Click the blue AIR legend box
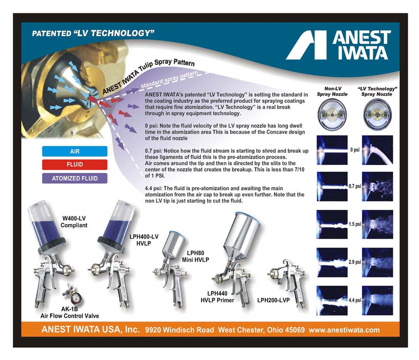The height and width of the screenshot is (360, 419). click(75, 151)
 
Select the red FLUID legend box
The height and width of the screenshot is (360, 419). click(75, 165)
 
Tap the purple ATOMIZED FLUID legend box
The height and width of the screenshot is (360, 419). click(75, 178)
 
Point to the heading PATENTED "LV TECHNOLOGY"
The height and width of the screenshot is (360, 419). click(93, 33)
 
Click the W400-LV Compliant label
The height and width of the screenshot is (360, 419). click(74, 222)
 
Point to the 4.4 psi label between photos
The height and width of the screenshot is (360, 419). click(355, 300)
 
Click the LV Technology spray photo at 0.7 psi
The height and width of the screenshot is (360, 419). click(377, 186)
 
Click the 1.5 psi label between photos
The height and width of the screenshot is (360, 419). click(355, 224)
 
